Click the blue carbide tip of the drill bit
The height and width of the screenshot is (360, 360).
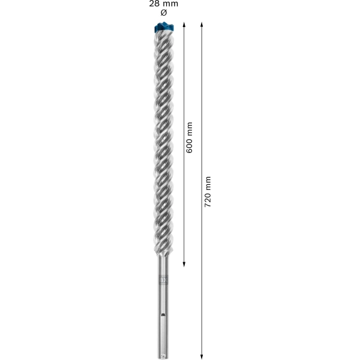(x=164, y=27)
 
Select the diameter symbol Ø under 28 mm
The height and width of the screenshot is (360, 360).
(x=163, y=13)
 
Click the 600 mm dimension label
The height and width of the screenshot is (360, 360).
(x=190, y=137)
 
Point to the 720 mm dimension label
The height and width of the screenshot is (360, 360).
(x=208, y=192)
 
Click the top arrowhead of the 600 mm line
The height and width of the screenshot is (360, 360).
(x=184, y=25)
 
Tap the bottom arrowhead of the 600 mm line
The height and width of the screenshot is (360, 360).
(x=184, y=265)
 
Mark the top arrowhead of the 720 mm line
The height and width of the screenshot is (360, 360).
(x=202, y=25)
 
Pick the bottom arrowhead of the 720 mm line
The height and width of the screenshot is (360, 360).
(x=202, y=356)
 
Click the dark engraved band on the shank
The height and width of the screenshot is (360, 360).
(x=163, y=280)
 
